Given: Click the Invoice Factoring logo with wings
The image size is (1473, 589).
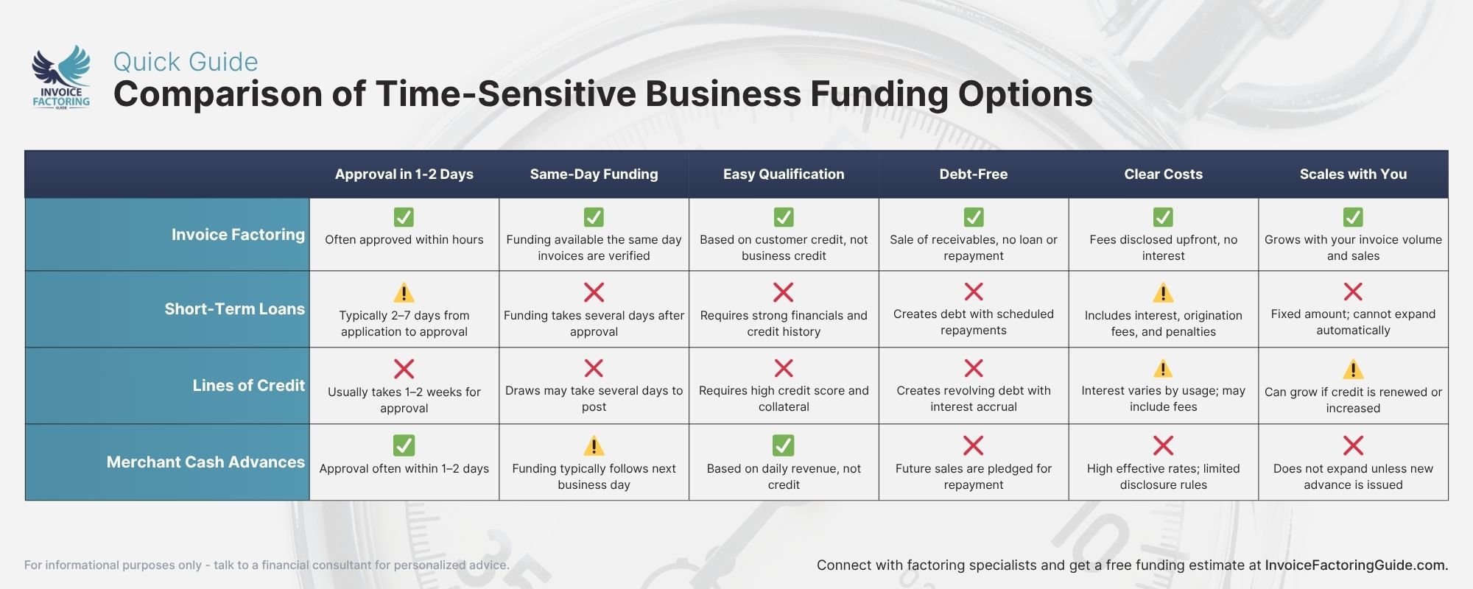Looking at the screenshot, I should [x=61, y=77].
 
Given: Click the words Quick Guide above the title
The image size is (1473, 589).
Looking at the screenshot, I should [x=186, y=62].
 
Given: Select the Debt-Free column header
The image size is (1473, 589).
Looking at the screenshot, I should [x=973, y=174].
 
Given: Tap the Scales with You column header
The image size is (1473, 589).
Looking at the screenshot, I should [x=1353, y=174].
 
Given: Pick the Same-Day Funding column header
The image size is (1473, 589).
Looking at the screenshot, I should [x=594, y=174].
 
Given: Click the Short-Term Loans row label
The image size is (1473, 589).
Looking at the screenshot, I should [x=234, y=309].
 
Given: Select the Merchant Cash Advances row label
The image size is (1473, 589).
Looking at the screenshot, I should [x=205, y=462].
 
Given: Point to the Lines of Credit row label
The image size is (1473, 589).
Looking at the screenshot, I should [x=248, y=386].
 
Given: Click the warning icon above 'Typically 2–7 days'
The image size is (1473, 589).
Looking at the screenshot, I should [x=404, y=293].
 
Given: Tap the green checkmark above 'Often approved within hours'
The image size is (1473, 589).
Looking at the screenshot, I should [x=404, y=217].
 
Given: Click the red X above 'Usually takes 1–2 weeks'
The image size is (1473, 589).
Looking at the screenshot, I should [x=404, y=368].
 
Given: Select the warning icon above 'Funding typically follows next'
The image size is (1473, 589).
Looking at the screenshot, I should [x=594, y=445].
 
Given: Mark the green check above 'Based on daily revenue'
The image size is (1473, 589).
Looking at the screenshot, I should [x=784, y=445].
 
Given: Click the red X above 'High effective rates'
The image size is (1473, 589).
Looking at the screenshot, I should [x=1163, y=445].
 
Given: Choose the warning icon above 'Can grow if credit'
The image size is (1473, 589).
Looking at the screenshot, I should [x=1353, y=369].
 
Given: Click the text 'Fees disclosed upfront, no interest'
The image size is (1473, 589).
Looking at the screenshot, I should [x=1163, y=247].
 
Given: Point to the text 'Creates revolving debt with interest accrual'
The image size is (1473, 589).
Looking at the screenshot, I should [x=973, y=398].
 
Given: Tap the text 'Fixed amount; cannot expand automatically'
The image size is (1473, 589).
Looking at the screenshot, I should [x=1353, y=322].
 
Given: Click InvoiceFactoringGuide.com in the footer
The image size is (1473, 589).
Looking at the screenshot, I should [x=1356, y=565].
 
